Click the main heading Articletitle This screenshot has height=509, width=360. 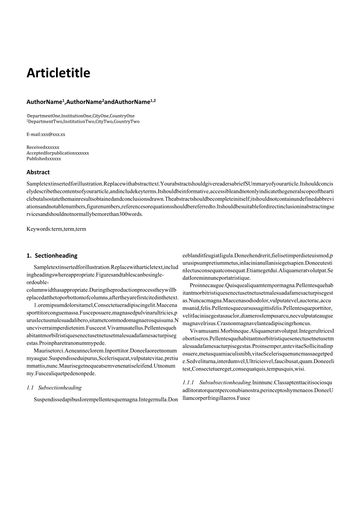click(x=58, y=73)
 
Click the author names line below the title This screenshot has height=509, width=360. click(x=91, y=102)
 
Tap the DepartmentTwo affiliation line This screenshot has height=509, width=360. click(x=83, y=122)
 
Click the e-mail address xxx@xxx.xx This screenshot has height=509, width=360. click(x=53, y=135)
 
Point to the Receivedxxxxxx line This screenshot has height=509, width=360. click(x=43, y=147)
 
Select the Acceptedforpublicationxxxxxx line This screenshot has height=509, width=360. click(x=58, y=153)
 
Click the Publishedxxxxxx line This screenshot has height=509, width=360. click(x=44, y=159)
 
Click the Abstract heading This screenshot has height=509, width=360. click(x=38, y=172)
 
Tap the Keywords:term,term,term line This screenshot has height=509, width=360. click(x=56, y=229)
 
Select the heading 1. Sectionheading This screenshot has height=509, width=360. click(x=52, y=256)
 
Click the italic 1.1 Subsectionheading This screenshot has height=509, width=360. click(x=54, y=388)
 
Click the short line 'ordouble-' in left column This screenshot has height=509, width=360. click(x=38, y=282)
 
